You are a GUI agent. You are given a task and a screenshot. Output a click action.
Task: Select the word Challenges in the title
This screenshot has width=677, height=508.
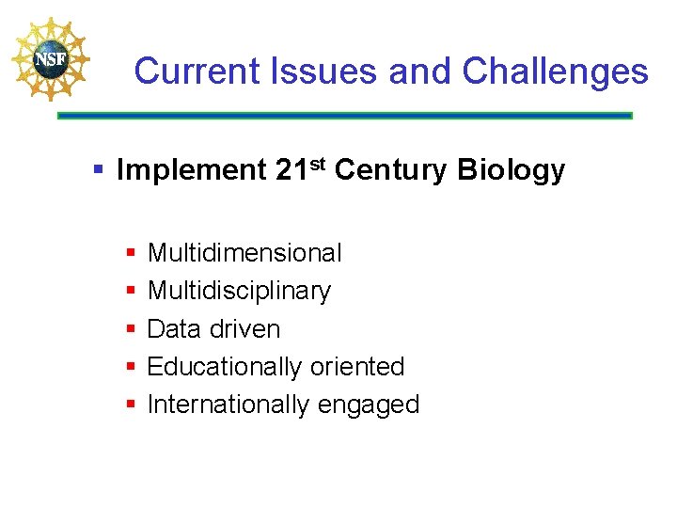556,71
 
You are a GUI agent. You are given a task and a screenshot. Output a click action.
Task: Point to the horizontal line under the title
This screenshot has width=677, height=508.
344,116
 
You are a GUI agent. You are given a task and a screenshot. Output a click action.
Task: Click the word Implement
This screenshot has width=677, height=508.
192,170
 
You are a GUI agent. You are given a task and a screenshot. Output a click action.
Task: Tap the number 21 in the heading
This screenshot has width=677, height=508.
291,170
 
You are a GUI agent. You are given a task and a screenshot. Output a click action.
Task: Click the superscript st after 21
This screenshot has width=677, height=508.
317,165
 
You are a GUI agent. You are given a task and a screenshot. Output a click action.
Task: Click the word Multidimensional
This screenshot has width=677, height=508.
244,253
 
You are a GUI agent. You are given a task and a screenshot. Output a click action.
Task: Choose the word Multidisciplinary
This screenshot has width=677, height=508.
239,292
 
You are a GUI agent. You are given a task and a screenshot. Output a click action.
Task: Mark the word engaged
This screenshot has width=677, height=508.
369,405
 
